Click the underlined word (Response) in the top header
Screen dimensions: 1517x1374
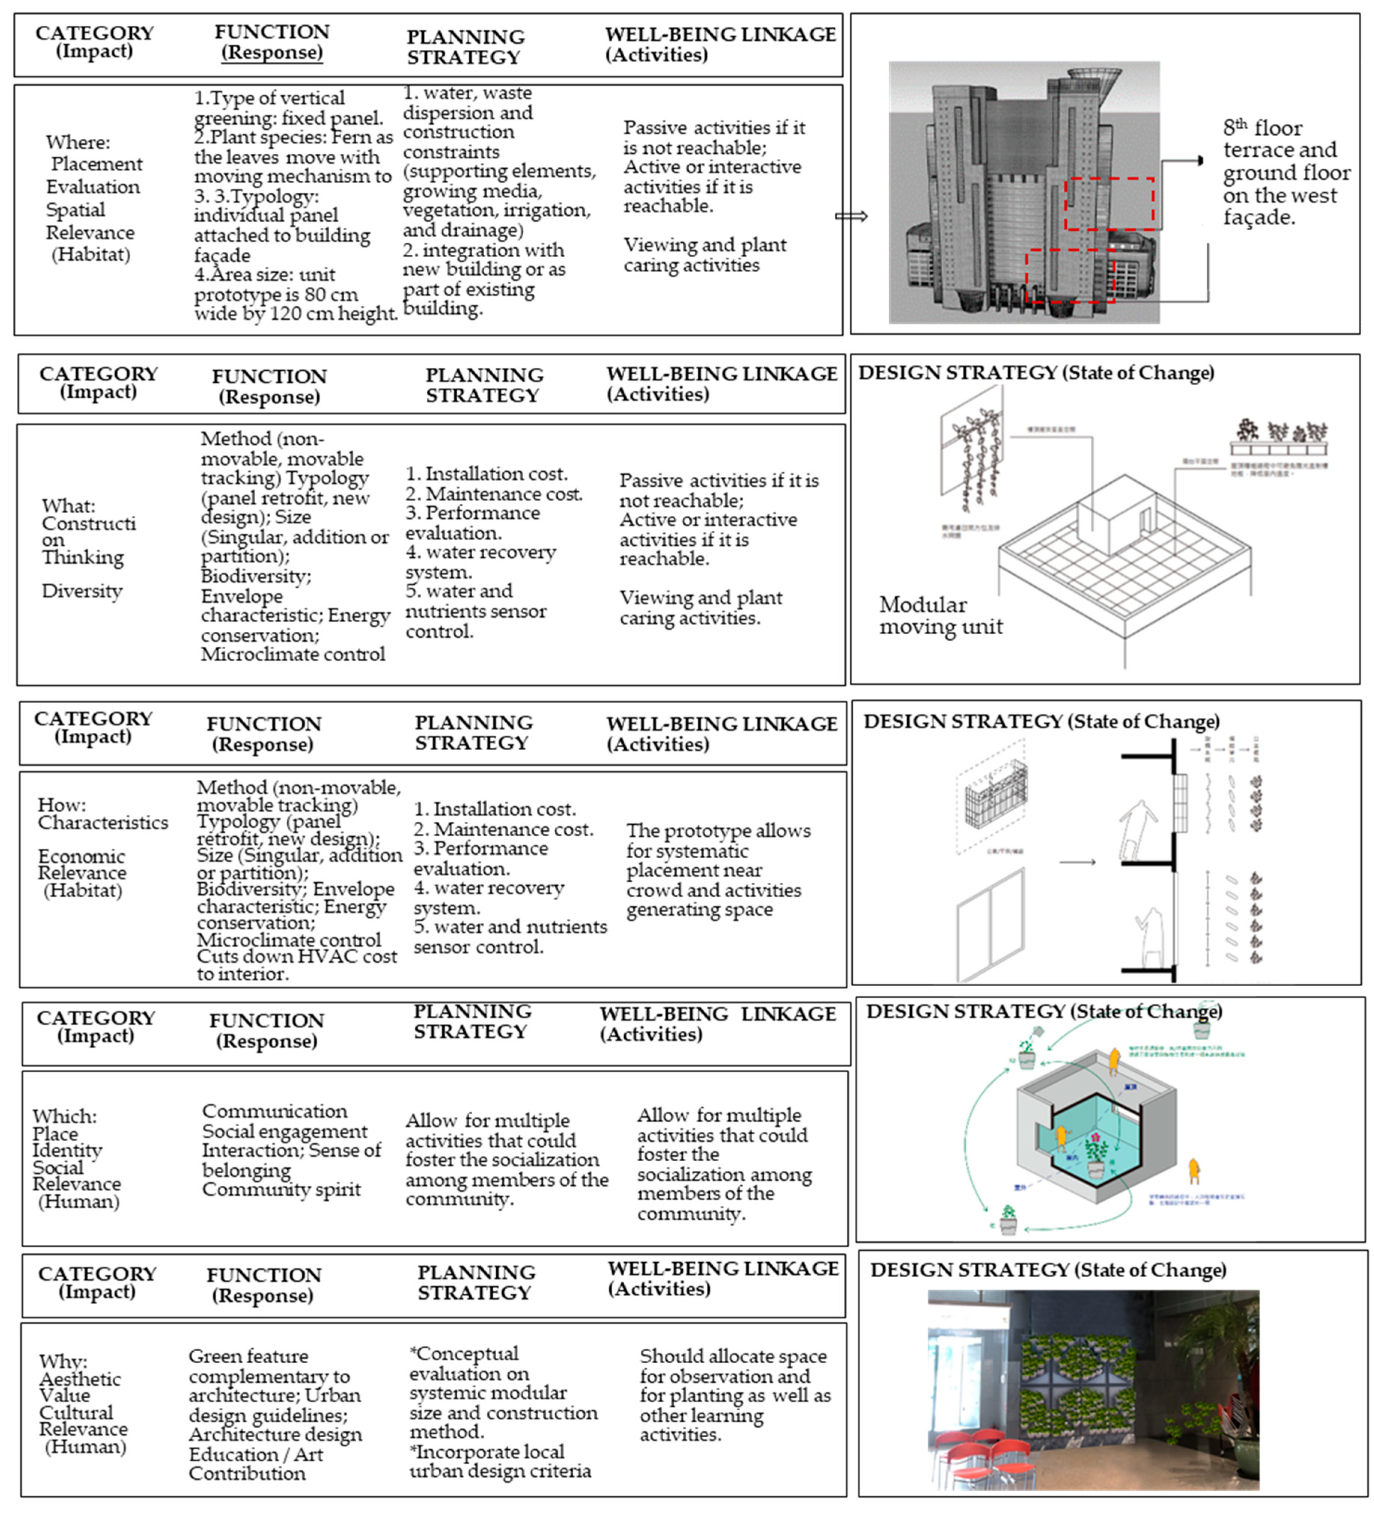(272, 53)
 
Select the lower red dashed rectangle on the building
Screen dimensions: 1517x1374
(1070, 276)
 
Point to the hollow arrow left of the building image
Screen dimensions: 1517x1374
(851, 217)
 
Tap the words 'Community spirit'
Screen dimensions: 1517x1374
(281, 1190)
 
